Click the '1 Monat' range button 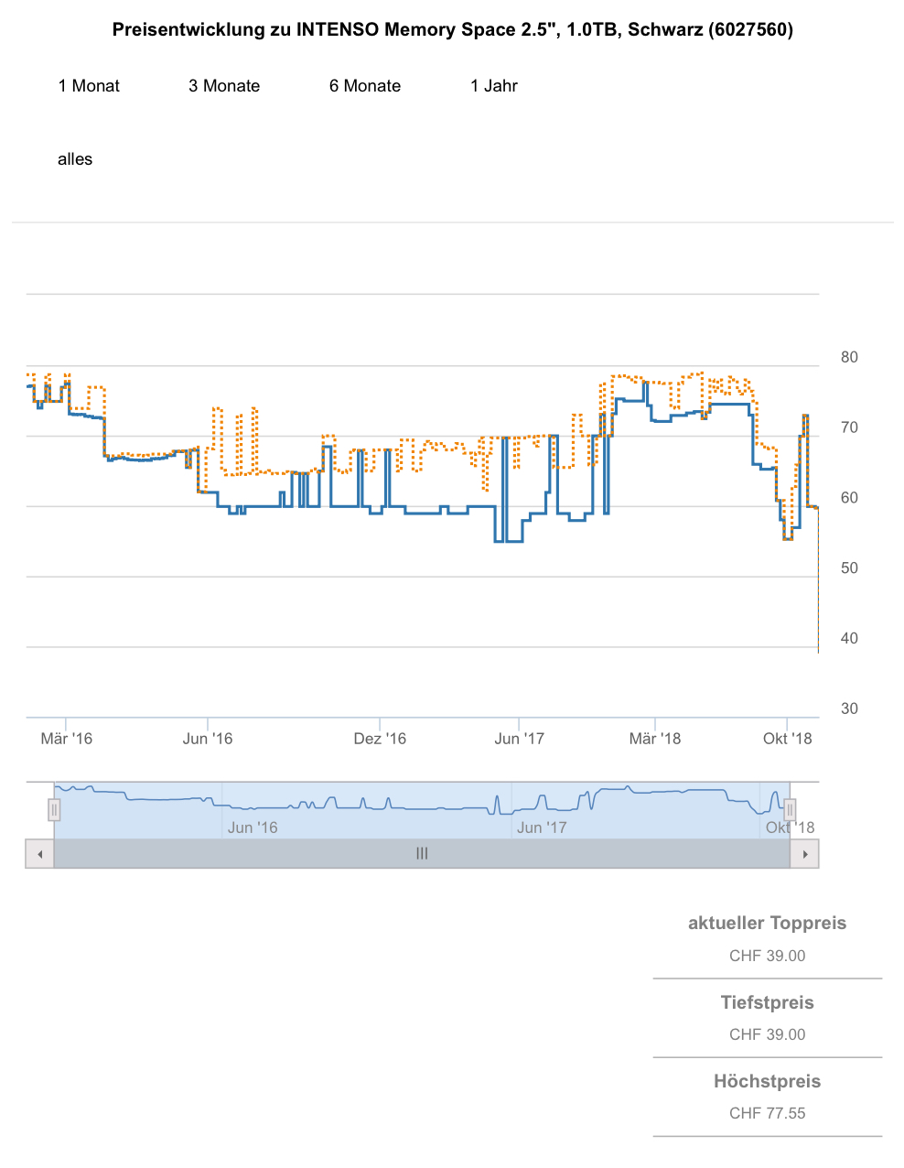click(89, 86)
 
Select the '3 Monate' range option click(224, 86)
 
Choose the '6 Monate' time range click(365, 86)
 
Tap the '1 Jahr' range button click(494, 86)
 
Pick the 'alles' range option click(75, 159)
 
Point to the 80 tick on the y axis click(849, 357)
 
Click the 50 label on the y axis click(849, 568)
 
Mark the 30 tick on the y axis click(849, 708)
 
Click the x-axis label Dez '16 click(380, 739)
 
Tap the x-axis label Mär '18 click(655, 739)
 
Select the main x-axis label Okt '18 click(787, 739)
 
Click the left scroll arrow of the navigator click(39, 854)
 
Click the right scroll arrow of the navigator click(805, 854)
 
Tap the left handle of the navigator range click(54, 810)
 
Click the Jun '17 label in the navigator click(542, 827)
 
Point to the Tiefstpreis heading click(767, 1002)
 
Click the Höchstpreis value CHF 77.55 click(767, 1113)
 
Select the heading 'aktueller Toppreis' click(767, 923)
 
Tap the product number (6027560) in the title click(750, 29)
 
